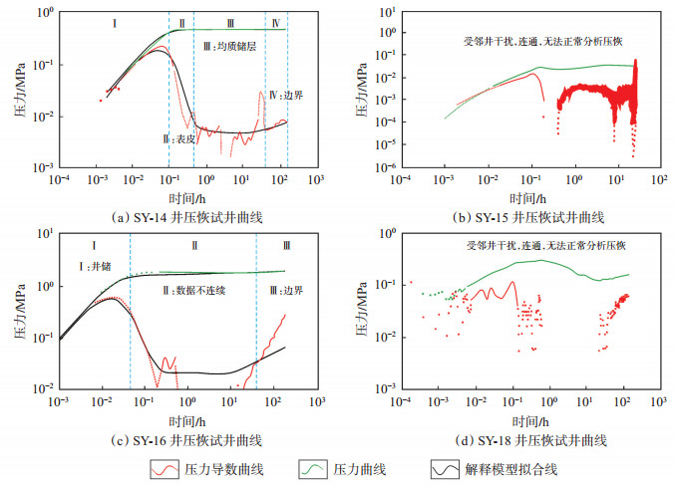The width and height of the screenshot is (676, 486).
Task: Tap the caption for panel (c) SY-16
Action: pyautogui.click(x=185, y=439)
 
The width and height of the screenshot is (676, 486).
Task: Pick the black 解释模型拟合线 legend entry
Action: pyautogui.click(x=528, y=468)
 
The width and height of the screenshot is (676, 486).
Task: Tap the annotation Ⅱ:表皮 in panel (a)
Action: pyautogui.click(x=187, y=140)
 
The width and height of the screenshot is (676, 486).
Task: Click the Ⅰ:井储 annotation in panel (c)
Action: pyautogui.click(x=104, y=266)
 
